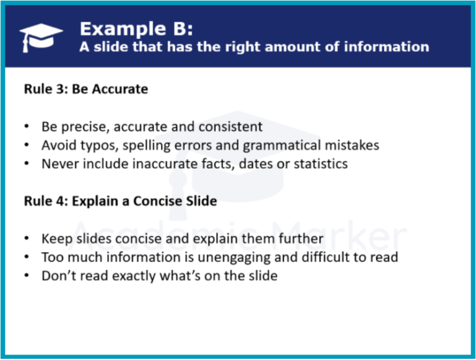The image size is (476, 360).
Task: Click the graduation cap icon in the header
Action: click(41, 38)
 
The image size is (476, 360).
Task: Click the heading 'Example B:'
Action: click(136, 29)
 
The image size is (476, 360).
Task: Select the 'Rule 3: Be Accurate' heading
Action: click(86, 89)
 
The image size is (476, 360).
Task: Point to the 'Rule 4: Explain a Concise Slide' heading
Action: click(120, 201)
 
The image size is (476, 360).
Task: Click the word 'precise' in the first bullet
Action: click(86, 127)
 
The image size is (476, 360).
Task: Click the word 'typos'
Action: click(99, 146)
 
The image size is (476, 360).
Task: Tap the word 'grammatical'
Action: click(281, 146)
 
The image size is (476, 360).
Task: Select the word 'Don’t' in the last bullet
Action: click(56, 276)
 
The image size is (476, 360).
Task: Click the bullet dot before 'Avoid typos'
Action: click(27, 145)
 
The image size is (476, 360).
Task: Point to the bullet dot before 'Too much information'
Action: click(27, 257)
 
